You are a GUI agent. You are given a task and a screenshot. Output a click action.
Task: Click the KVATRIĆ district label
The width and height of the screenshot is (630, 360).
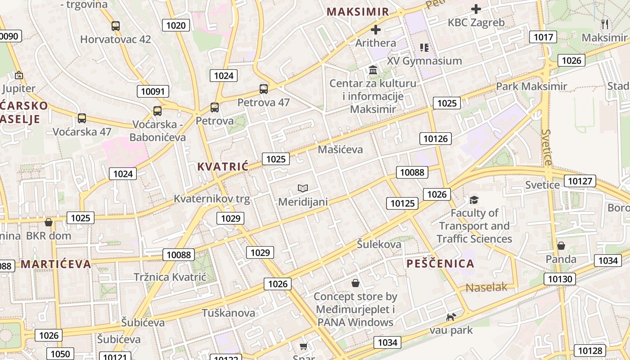click(223, 166)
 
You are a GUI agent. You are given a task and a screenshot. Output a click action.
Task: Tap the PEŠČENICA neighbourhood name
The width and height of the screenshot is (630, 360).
click(441, 264)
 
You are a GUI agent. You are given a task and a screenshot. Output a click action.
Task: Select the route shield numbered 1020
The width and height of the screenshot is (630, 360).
click(175, 25)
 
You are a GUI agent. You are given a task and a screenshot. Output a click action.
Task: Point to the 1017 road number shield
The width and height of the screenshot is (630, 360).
click(543, 37)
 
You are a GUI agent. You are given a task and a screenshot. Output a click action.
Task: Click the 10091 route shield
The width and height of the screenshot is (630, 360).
click(153, 91)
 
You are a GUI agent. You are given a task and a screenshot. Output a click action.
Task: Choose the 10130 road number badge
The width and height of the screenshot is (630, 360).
click(561, 279)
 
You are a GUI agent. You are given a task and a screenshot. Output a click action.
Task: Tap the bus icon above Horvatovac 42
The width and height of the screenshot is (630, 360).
click(116, 26)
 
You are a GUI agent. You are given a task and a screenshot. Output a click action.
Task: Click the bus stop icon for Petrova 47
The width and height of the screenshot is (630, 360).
click(264, 89)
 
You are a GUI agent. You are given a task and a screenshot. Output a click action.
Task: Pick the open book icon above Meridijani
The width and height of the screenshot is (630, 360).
click(303, 188)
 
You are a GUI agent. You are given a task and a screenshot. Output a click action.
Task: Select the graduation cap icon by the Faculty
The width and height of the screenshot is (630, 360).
click(474, 200)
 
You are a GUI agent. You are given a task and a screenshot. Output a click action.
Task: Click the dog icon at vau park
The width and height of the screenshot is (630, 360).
click(451, 317)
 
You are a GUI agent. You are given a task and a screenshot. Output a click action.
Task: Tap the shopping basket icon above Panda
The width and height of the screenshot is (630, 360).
click(561, 246)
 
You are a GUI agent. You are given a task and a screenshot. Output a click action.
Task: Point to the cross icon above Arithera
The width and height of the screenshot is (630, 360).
click(376, 30)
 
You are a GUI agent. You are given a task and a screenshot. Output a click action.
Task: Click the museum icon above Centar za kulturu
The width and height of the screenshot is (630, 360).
click(373, 70)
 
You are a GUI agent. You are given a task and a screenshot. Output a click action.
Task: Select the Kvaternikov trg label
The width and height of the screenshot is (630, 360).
click(211, 198)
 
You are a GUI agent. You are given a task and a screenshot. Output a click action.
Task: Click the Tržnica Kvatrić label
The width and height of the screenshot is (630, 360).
click(170, 277)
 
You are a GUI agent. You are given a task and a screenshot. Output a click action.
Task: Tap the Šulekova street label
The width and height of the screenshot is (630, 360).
click(379, 244)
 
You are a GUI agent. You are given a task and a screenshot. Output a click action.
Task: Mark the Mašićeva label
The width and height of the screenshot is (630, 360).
click(340, 149)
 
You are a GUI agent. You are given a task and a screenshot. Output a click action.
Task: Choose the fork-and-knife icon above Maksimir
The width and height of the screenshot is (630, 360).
click(605, 24)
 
